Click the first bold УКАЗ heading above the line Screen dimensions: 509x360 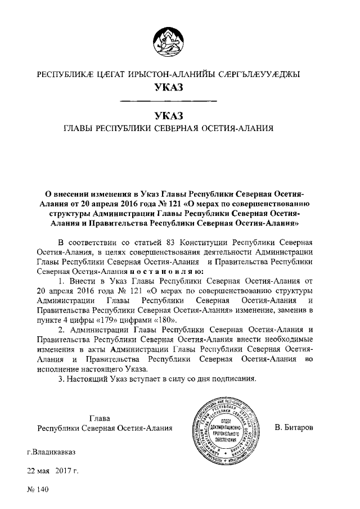coord(169,88)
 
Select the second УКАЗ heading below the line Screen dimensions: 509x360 coord(169,116)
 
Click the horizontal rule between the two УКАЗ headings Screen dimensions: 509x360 coord(169,102)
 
